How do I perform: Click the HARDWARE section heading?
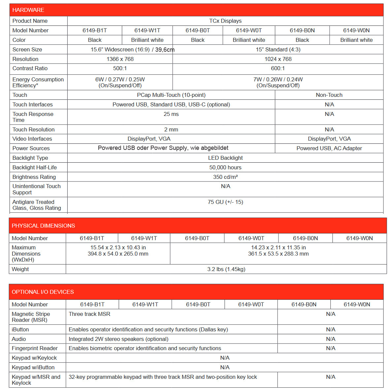pos(28,10)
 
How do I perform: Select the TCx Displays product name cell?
pos(225,21)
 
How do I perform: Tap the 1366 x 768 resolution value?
pos(120,59)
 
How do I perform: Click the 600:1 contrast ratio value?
pos(278,68)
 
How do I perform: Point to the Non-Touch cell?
pos(329,95)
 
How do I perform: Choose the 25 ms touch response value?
pos(171,114)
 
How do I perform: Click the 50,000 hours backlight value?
pos(225,167)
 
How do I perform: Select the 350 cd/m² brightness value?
pos(225,177)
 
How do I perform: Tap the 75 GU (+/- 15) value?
pos(225,202)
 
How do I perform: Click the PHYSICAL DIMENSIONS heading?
pos(44,226)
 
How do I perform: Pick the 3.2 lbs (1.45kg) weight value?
pos(226,269)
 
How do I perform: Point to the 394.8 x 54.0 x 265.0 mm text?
pos(118,254)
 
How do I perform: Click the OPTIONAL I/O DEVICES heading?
pos(43,292)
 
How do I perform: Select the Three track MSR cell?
pos(89,314)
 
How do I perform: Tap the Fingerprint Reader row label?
pos(35,348)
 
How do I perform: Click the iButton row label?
pos(20,329)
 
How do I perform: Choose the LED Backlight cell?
pos(225,158)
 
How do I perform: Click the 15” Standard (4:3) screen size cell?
pos(278,49)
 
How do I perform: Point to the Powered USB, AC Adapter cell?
pos(329,148)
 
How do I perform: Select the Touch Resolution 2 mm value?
pos(171,129)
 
